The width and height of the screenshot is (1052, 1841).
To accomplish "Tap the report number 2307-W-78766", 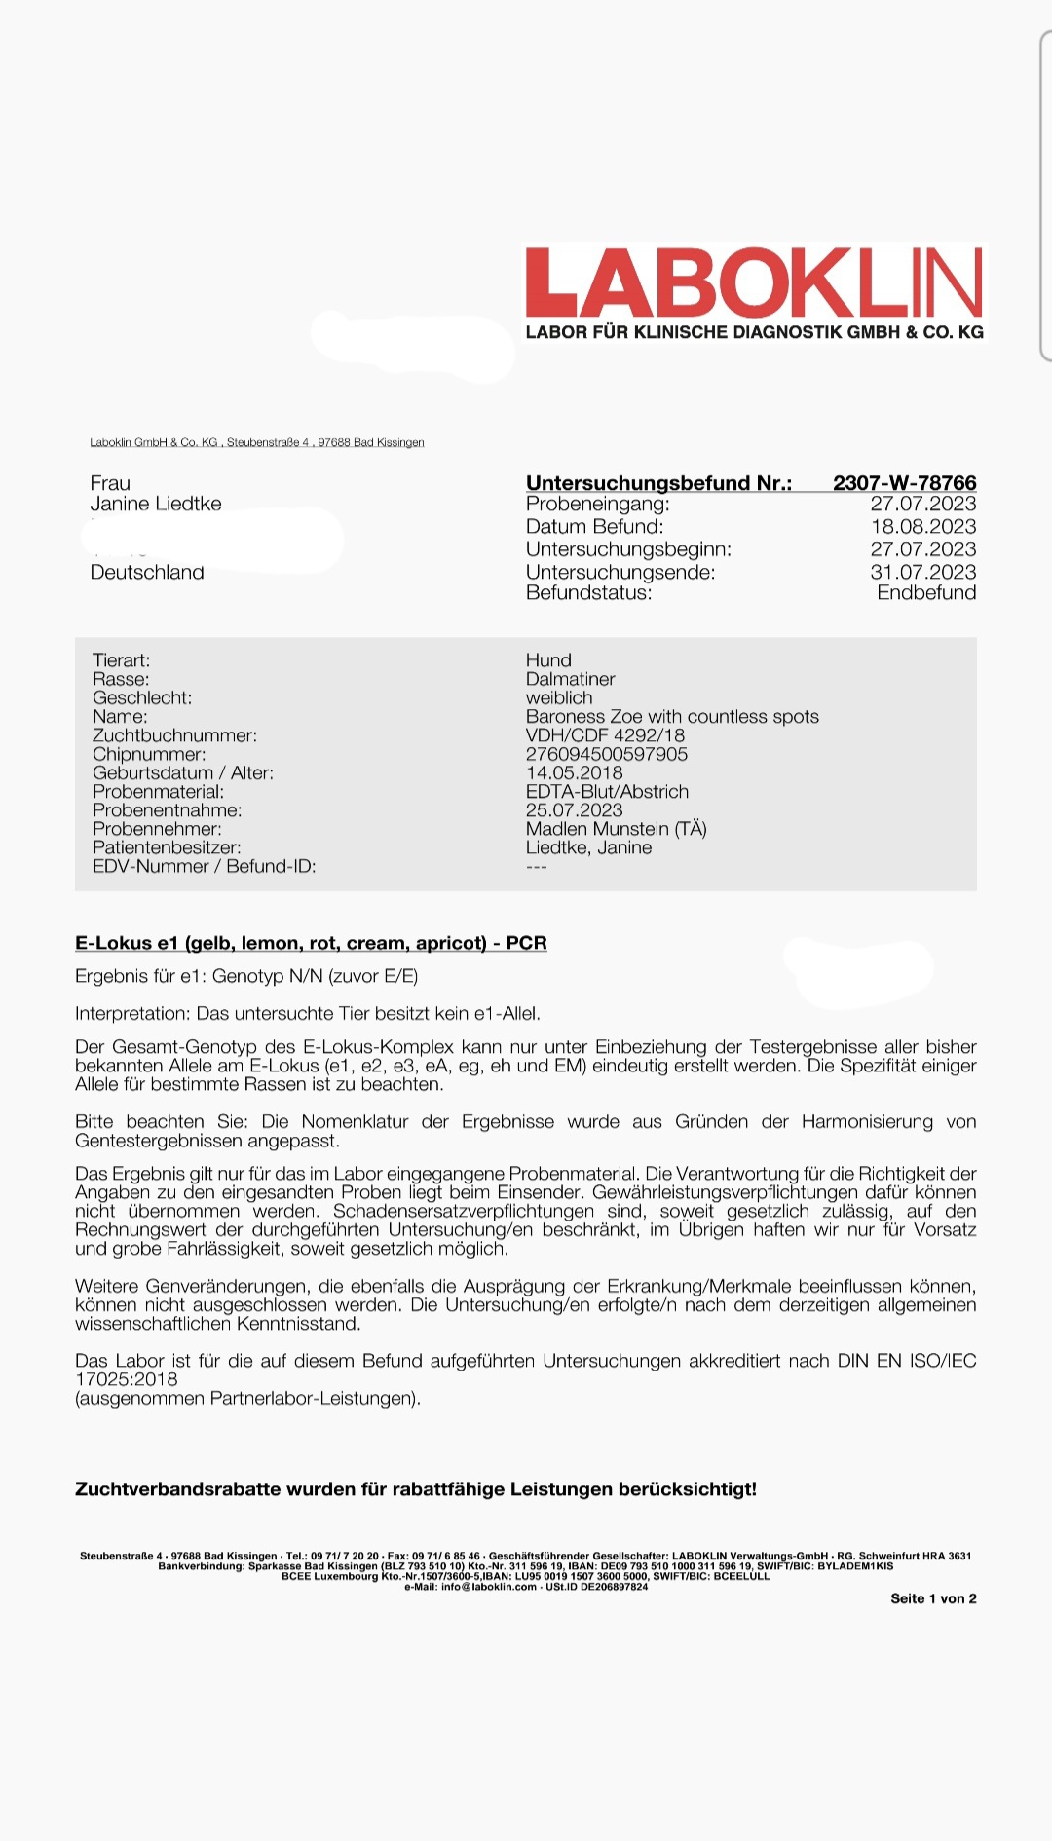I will [x=904, y=483].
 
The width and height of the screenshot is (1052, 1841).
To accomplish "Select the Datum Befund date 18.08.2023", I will [x=922, y=527].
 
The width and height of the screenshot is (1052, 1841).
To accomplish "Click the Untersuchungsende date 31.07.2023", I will [x=922, y=572].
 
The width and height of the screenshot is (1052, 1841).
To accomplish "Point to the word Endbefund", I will [x=925, y=593].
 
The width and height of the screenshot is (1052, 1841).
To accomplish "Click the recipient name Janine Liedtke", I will [x=156, y=504].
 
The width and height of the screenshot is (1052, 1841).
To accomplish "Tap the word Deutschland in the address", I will [x=147, y=572].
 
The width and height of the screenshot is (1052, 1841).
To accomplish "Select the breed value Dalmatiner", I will [x=570, y=679].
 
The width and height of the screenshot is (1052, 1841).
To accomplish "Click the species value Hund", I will [x=548, y=660].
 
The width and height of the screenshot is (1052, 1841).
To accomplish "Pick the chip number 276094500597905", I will [x=606, y=754].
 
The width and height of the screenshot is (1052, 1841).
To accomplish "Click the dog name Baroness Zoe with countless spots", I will [x=672, y=717].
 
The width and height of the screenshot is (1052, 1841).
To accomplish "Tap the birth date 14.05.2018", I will [x=574, y=772].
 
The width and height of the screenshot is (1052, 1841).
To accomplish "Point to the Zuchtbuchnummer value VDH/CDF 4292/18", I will [x=605, y=735].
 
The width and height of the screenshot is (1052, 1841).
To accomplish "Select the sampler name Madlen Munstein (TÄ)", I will [x=616, y=829].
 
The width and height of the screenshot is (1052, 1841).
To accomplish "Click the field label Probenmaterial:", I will [x=158, y=792].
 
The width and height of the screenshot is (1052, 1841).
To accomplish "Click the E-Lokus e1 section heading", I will [x=311, y=943].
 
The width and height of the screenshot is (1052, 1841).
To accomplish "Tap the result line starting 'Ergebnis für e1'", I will [x=246, y=976].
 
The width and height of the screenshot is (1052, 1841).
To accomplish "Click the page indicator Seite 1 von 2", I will [x=932, y=1598].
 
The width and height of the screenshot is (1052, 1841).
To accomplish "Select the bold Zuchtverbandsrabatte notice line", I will [x=415, y=1489].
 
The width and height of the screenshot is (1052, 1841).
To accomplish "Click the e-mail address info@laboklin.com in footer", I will [x=489, y=1587].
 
